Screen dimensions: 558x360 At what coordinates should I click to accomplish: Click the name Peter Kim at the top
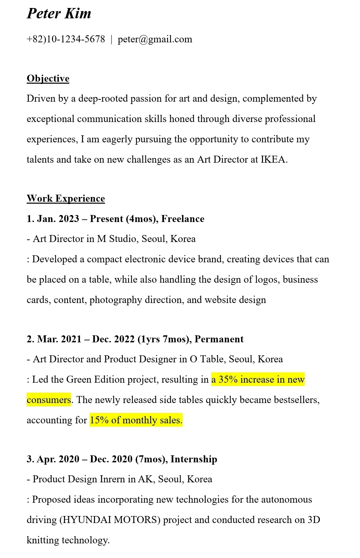coord(59,14)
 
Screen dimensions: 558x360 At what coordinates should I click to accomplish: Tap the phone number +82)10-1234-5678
coord(66,39)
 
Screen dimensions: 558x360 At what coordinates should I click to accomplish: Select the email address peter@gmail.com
coord(155,39)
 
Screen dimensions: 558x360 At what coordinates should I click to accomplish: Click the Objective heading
coord(48,79)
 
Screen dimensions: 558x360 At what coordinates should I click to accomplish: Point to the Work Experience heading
coord(66,199)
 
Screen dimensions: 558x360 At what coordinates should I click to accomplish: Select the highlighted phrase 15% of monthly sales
coord(136,420)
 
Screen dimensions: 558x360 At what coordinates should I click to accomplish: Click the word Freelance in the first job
coord(183,219)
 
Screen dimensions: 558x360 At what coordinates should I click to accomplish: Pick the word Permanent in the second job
coord(219,339)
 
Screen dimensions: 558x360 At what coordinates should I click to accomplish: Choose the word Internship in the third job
coord(194,459)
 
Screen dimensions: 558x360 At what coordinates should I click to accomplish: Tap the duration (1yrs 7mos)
coord(164,339)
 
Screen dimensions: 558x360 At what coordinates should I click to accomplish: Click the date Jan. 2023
coord(58,219)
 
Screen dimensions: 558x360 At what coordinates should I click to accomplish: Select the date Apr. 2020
coord(58,459)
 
